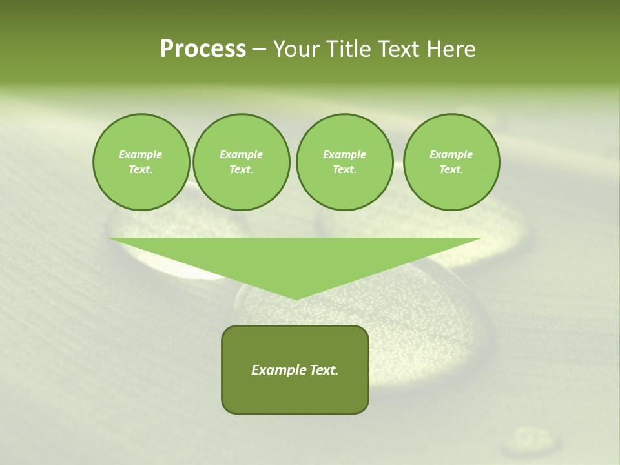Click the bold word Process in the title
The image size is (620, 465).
pyautogui.click(x=203, y=49)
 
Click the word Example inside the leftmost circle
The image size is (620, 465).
pyautogui.click(x=141, y=154)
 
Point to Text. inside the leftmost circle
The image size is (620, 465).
pyautogui.click(x=141, y=169)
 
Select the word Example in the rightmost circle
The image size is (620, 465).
pyautogui.click(x=451, y=154)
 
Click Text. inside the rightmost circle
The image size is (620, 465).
pyautogui.click(x=451, y=169)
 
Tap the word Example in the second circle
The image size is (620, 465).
pyautogui.click(x=241, y=154)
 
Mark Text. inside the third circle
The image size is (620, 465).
pyautogui.click(x=344, y=169)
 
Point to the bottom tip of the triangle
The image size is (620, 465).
pyautogui.click(x=295, y=298)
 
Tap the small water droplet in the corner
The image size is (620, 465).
pyautogui.click(x=530, y=440)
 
